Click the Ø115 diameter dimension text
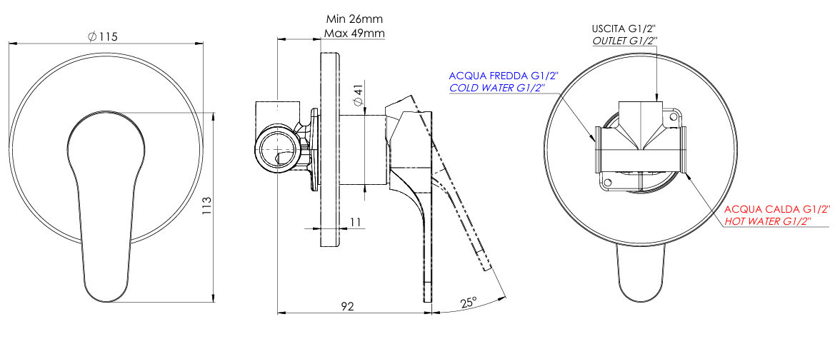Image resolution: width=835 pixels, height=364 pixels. click(102, 36)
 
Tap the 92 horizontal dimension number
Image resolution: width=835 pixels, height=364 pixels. click(347, 306)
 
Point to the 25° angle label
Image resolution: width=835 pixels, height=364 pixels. click(468, 303)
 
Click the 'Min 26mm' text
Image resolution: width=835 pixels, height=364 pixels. click(355, 19)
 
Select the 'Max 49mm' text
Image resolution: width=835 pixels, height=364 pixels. click(355, 34)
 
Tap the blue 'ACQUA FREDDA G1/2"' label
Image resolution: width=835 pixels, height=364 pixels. click(504, 75)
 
